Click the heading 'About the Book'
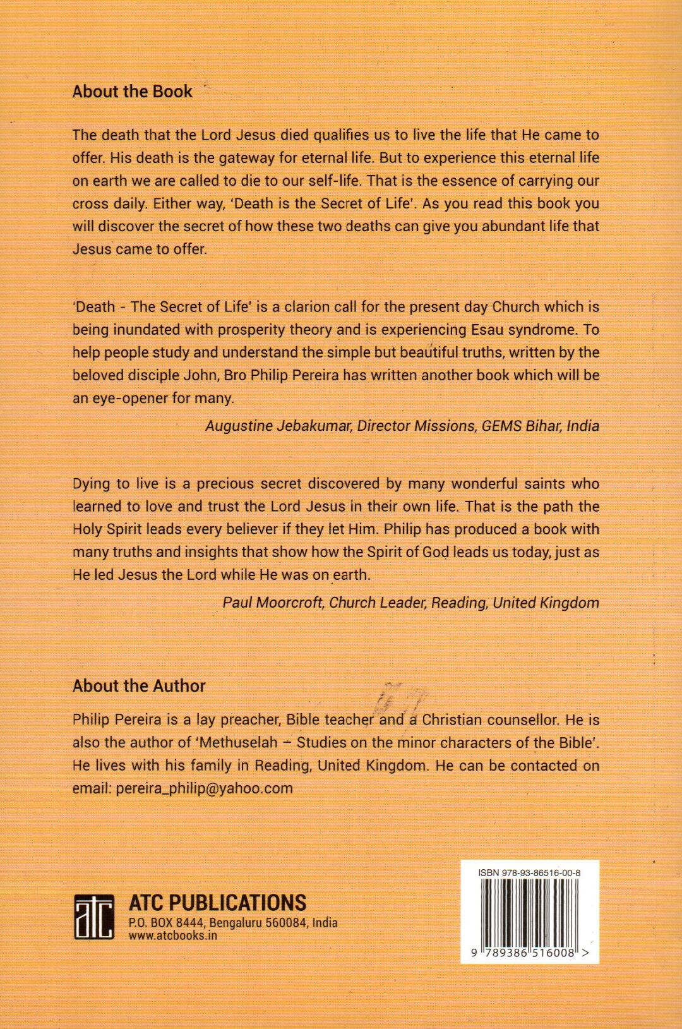tap(132, 92)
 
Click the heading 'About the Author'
tap(139, 686)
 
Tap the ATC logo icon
tap(93, 916)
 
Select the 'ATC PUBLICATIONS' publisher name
tap(217, 902)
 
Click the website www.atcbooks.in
tap(172, 936)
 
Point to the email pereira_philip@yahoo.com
tap(204, 788)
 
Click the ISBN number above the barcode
tap(529, 873)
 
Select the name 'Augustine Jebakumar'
tap(278, 426)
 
